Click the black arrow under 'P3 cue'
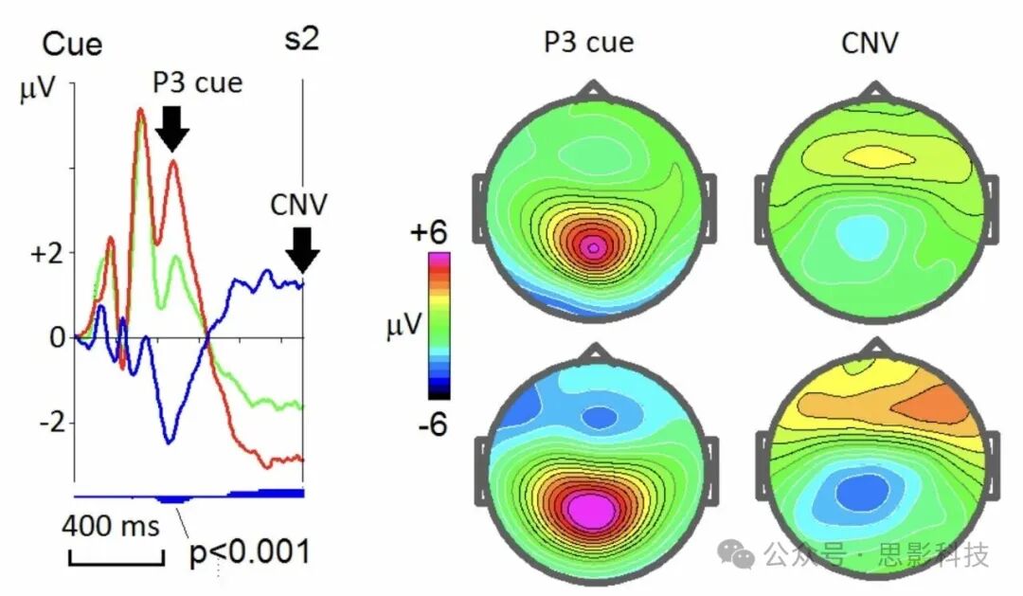(171, 127)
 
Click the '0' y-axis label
(56, 337)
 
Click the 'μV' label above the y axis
(37, 91)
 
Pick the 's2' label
(301, 41)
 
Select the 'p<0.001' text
(250, 551)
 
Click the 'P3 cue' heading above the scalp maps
(588, 42)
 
